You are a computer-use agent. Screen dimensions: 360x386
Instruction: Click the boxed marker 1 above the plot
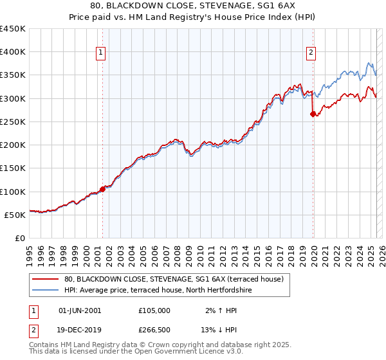coord(102,53)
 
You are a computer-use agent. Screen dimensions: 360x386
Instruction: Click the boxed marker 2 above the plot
coord(311,53)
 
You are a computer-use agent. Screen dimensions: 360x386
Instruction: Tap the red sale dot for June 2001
coord(102,189)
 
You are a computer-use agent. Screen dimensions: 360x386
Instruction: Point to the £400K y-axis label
coord(12,52)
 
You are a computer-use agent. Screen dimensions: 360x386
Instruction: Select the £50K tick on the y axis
coord(15,215)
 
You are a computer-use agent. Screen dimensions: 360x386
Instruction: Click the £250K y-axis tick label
coord(12,122)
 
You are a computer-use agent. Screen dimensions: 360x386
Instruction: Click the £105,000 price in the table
coord(154,310)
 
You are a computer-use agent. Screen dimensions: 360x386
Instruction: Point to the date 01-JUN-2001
coord(80,310)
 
